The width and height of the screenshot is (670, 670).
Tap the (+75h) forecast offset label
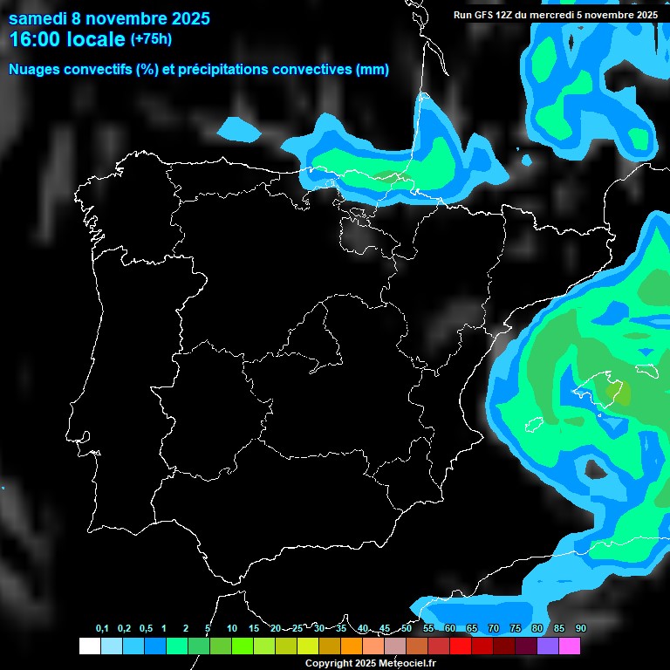151,38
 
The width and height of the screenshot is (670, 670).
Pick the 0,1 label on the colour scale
102,629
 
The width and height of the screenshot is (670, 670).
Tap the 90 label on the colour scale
581,629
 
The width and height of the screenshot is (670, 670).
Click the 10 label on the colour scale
232,629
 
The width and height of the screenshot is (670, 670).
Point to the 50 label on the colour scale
407,629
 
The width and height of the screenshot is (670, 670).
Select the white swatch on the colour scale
89,646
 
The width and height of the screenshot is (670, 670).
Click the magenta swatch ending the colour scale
569,646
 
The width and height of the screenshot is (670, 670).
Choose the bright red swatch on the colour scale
460,646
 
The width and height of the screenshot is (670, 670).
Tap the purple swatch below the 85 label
547,646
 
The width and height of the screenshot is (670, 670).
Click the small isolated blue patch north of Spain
239,130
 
